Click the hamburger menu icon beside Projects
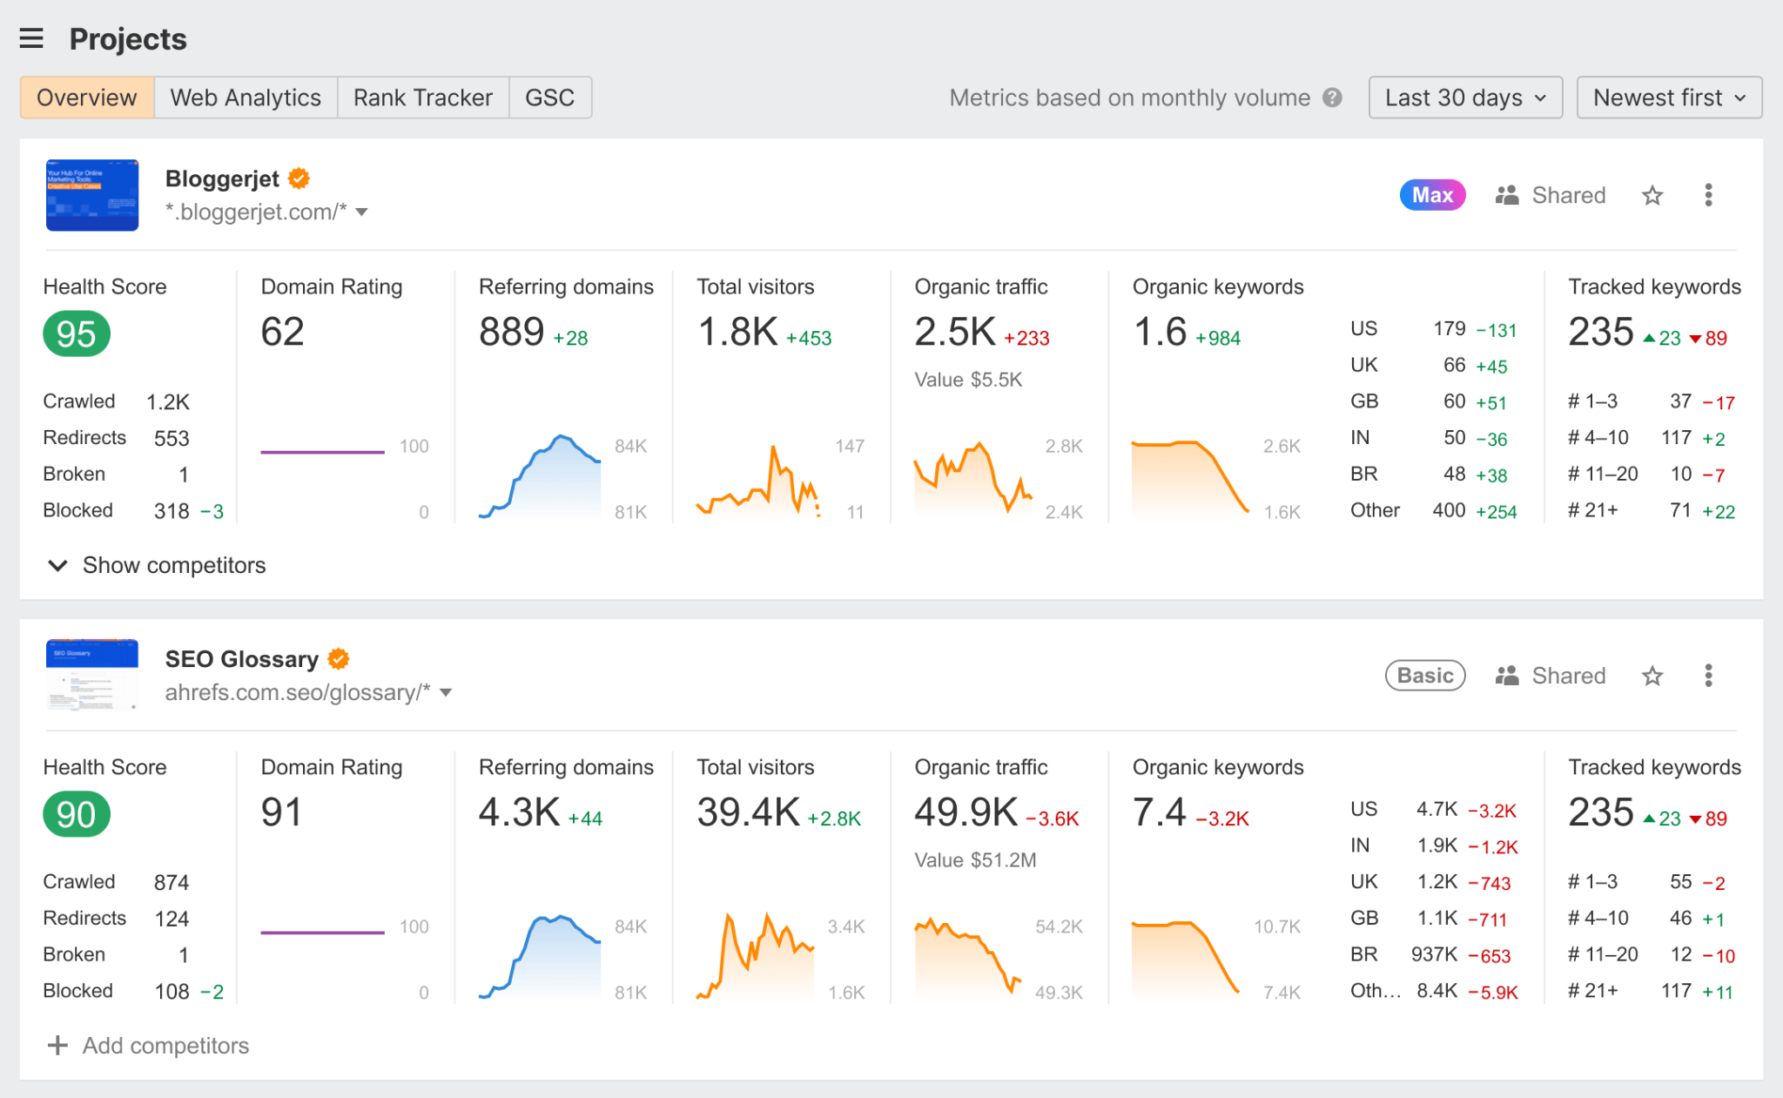31,38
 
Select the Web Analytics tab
246,98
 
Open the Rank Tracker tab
423,98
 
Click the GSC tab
549,98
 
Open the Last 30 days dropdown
1464,98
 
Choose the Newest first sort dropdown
1668,98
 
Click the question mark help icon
1332,98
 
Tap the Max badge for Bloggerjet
1432,195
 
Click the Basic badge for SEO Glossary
1425,676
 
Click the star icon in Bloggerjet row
1652,195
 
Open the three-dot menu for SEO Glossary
1708,676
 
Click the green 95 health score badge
77,334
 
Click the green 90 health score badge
77,815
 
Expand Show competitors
157,566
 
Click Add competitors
148,1046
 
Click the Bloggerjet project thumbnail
92,195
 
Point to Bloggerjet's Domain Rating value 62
283,333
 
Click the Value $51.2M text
975,860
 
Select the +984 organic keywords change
1218,339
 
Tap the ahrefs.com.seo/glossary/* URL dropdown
446,693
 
